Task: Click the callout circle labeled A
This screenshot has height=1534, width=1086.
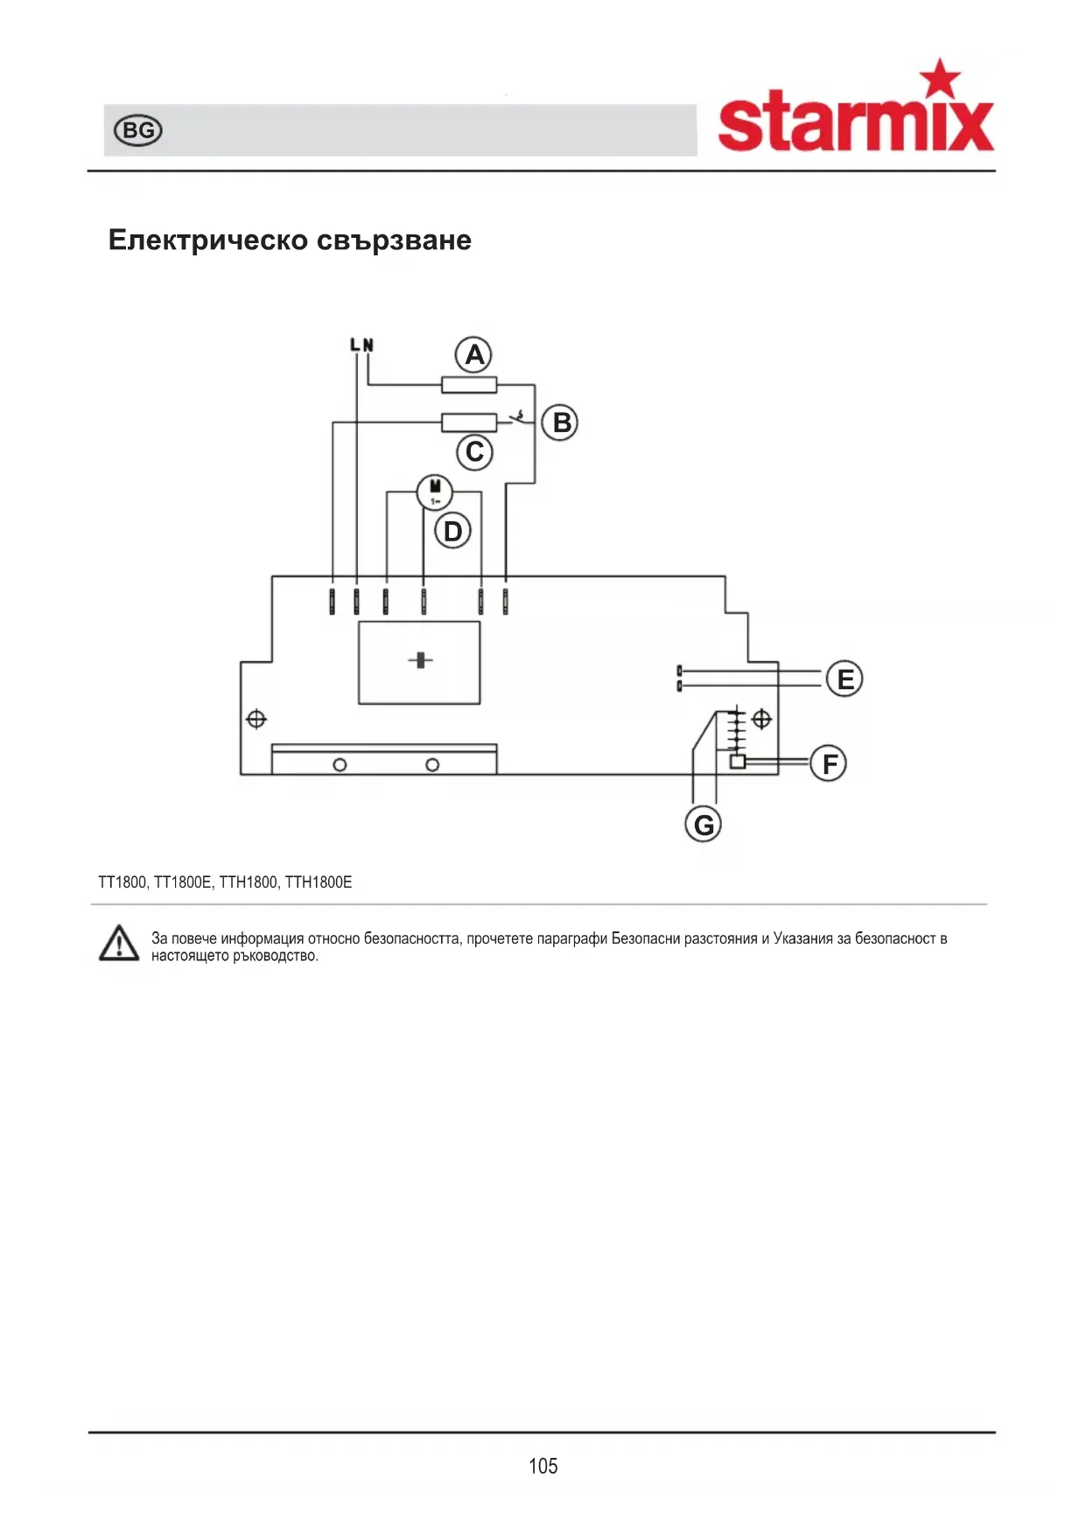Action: click(x=473, y=355)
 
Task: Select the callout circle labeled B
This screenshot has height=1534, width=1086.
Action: click(x=560, y=422)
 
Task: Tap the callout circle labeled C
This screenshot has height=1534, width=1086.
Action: click(x=475, y=452)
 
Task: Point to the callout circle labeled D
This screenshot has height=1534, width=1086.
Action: click(x=452, y=531)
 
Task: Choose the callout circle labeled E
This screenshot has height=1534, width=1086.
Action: click(x=844, y=679)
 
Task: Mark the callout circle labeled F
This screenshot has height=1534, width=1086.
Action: click(x=828, y=764)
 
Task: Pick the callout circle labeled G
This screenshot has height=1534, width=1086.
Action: click(x=703, y=824)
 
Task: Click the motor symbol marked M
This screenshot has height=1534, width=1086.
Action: click(x=434, y=492)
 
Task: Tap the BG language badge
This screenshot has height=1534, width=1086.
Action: click(x=138, y=130)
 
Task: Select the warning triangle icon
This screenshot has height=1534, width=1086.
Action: click(x=119, y=945)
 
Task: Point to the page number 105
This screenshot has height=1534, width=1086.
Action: click(x=543, y=1466)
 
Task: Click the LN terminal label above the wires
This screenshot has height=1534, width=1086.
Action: click(x=361, y=345)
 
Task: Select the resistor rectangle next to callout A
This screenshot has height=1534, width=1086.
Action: click(x=469, y=385)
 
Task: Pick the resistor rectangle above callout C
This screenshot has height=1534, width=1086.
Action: click(x=469, y=422)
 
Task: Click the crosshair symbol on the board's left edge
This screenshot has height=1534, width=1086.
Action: click(x=256, y=719)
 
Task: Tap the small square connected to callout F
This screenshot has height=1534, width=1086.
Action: click(x=738, y=762)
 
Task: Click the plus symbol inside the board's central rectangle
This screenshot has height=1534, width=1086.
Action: click(x=421, y=660)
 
